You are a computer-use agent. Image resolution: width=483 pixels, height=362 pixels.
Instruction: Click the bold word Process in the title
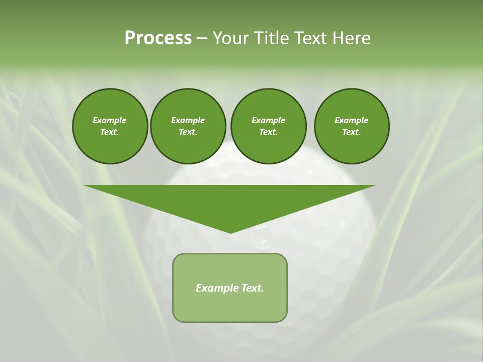click(x=158, y=38)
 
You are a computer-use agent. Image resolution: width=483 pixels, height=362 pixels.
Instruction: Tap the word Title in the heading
click(x=271, y=38)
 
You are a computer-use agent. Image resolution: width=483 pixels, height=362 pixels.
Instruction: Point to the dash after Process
click(x=202, y=38)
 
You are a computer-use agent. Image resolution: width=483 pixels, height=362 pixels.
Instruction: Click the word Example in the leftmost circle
click(x=110, y=120)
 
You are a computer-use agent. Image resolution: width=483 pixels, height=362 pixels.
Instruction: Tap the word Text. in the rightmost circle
click(x=351, y=132)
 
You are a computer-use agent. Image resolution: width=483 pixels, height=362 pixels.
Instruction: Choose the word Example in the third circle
click(x=268, y=120)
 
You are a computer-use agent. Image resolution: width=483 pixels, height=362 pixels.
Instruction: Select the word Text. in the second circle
click(x=188, y=132)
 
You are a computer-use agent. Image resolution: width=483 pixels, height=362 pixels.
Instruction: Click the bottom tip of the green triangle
click(x=230, y=232)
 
